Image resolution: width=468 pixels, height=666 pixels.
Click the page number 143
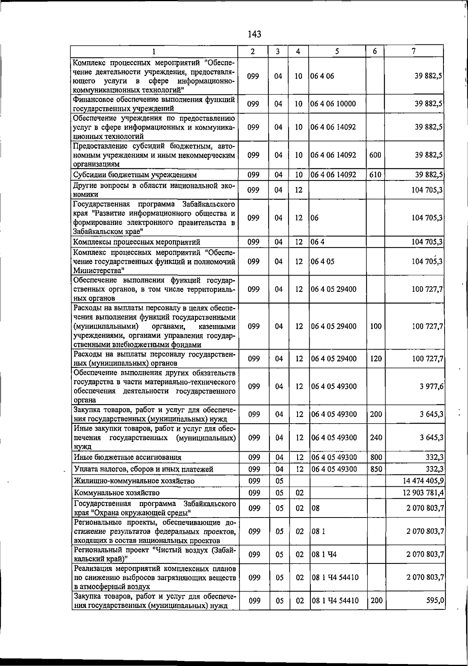click(x=254, y=34)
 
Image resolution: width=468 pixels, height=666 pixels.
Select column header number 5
click(x=337, y=51)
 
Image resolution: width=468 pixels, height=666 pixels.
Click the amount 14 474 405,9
click(x=423, y=481)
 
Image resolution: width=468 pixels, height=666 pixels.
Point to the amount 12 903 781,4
click(x=423, y=493)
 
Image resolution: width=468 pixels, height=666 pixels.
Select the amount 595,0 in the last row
click(x=435, y=601)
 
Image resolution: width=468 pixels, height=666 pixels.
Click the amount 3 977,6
click(x=431, y=386)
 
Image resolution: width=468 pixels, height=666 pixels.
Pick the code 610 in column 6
click(x=375, y=175)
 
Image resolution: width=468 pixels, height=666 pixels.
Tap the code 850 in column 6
click(x=376, y=469)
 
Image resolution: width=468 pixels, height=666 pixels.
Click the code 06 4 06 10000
click(x=333, y=104)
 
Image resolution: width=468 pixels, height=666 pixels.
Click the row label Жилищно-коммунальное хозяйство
click(x=134, y=481)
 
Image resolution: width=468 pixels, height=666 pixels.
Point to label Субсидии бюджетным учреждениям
click(x=135, y=175)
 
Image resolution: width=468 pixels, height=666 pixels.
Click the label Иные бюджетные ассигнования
click(x=128, y=458)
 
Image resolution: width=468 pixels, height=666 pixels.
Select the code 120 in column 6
click(x=376, y=359)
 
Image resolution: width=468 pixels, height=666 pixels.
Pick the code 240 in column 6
click(x=376, y=437)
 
